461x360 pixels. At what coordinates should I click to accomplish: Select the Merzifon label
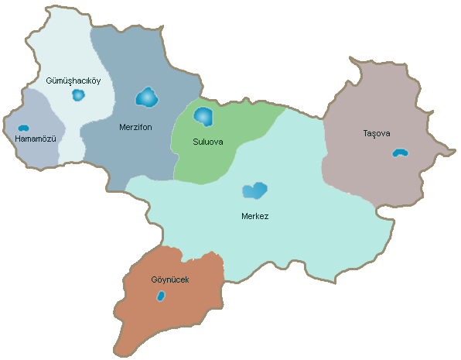click(x=136, y=125)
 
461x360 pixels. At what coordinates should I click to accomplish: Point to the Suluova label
click(x=207, y=142)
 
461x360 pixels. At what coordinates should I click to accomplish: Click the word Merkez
click(x=254, y=215)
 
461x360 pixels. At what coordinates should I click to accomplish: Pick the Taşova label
click(x=377, y=133)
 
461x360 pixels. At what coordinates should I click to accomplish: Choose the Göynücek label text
click(x=170, y=279)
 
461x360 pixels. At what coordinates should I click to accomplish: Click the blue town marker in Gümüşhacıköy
click(x=77, y=95)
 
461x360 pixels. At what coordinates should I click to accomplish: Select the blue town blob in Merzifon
click(x=146, y=98)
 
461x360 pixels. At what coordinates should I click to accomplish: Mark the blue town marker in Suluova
click(x=203, y=117)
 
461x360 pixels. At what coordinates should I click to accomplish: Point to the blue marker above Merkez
click(x=254, y=190)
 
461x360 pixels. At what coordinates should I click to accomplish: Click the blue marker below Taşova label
click(x=399, y=153)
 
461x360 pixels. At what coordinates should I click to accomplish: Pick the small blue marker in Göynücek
click(x=161, y=296)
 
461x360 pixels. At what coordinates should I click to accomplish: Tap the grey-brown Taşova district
click(x=371, y=170)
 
